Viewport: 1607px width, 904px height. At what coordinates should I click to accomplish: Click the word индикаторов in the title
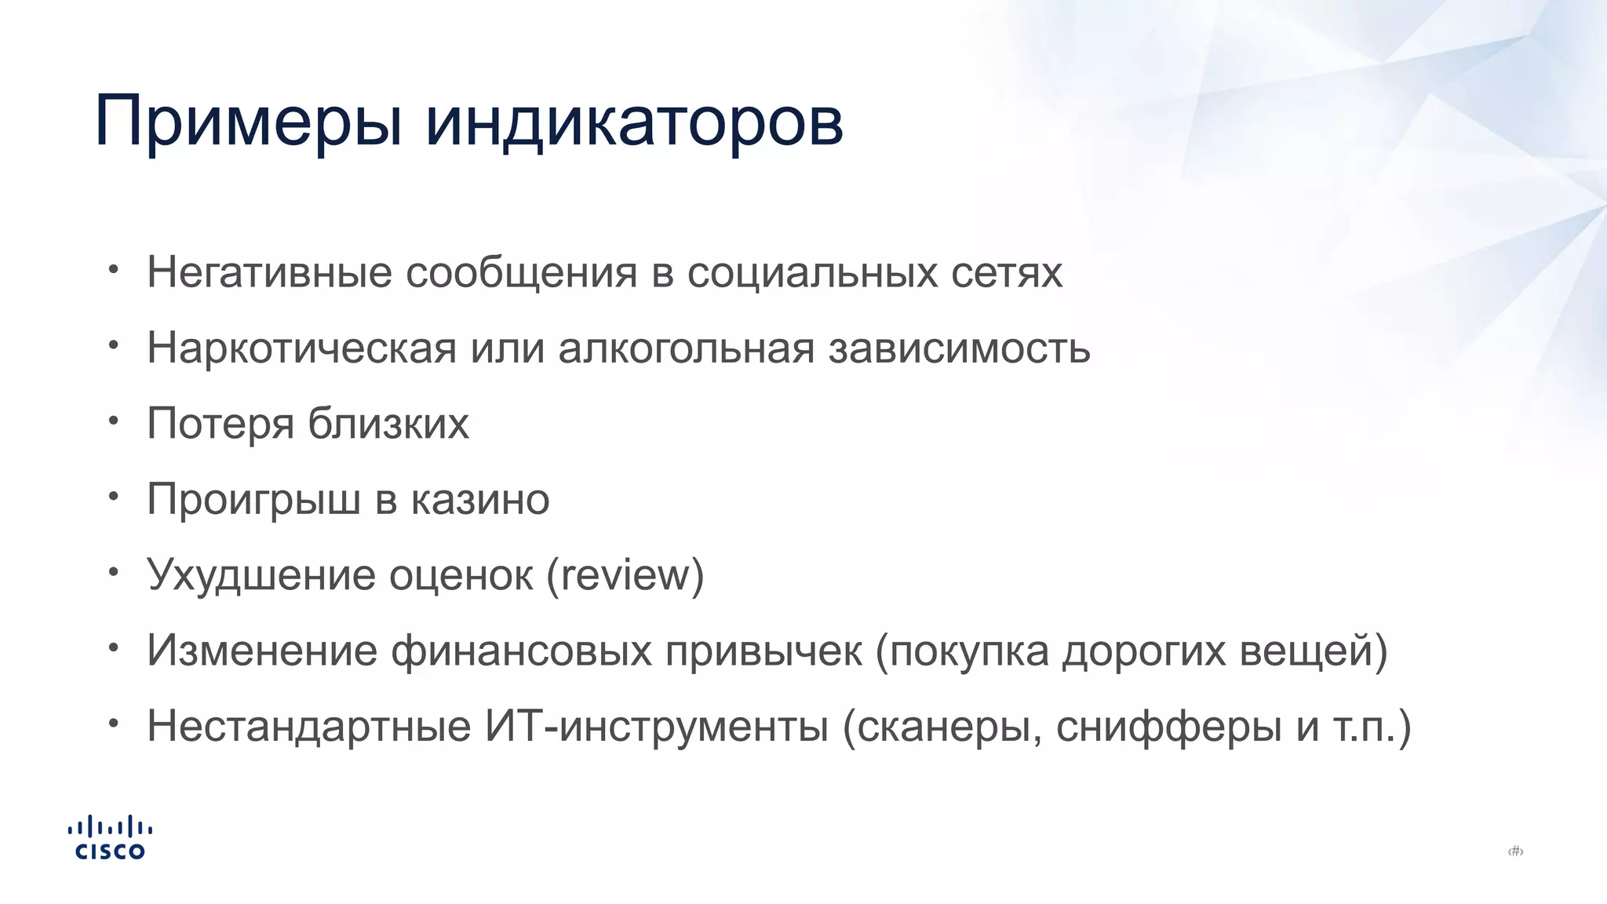(634, 122)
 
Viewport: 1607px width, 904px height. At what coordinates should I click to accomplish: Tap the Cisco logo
(110, 838)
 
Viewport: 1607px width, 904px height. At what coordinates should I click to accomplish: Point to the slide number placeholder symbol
(1515, 851)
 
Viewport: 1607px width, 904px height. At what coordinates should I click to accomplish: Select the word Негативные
(269, 272)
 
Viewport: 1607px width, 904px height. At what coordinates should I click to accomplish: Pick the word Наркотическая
(301, 348)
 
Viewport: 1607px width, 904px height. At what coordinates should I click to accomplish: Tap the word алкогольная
(687, 348)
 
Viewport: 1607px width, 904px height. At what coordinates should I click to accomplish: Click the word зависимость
(959, 348)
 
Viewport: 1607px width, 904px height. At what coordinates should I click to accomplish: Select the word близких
(388, 424)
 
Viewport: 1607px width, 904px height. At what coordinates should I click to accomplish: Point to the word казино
(480, 499)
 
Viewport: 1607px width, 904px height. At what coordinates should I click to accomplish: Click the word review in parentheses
(625, 574)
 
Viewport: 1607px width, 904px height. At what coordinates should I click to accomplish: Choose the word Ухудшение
(261, 574)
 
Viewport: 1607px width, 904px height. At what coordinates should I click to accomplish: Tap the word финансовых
(521, 651)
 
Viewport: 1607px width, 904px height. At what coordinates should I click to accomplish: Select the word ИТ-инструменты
(656, 726)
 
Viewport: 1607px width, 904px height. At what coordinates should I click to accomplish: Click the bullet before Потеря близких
(114, 421)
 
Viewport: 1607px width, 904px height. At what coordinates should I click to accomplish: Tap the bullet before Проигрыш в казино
(114, 496)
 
